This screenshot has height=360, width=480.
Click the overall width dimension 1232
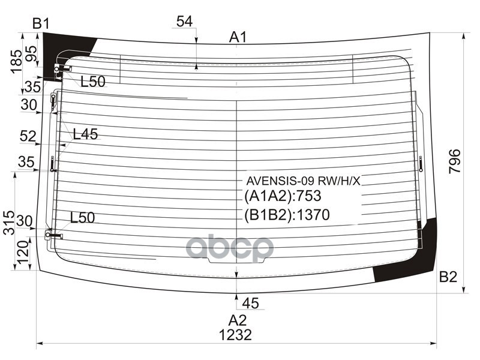[x=235, y=335]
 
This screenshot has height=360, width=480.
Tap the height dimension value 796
[x=455, y=161]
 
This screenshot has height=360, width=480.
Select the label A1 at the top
[x=238, y=38]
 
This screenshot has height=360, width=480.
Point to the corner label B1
[x=41, y=24]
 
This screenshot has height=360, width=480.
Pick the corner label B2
[x=448, y=277]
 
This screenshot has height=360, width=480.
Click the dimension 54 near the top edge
[x=184, y=22]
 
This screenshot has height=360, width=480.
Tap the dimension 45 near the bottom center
[x=251, y=304]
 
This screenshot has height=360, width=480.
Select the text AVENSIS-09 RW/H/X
[x=303, y=180]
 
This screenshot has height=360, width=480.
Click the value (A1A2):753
[x=283, y=196]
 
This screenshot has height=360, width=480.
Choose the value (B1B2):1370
[x=287, y=215]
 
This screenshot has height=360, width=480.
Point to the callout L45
[x=85, y=134]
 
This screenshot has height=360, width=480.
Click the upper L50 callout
[x=92, y=82]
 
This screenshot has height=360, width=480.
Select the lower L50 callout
[x=83, y=218]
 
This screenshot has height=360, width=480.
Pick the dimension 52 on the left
[x=28, y=136]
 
